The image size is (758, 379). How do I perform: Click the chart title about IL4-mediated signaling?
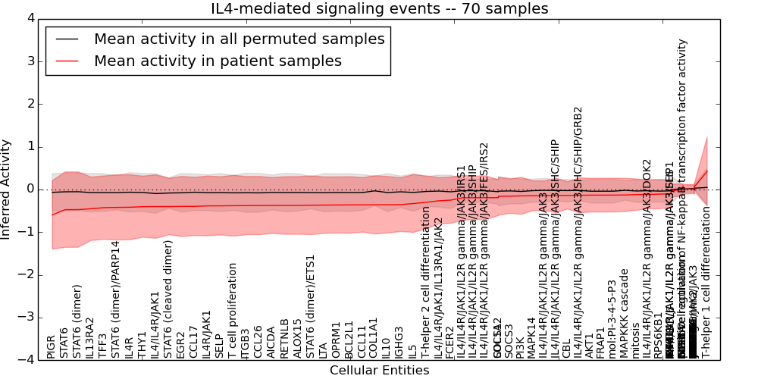coord(379,9)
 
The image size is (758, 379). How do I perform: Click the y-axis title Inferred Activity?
coord(7,189)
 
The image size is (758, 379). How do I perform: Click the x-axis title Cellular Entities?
coord(379,371)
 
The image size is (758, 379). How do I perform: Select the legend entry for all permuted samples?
coord(239,39)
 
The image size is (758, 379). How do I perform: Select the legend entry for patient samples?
coord(218,61)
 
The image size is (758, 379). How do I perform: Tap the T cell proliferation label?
coord(232,311)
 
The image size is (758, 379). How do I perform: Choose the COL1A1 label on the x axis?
coord(373,338)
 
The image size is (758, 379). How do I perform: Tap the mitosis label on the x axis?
coord(637,341)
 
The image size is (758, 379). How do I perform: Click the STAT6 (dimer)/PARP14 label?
coord(115,299)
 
